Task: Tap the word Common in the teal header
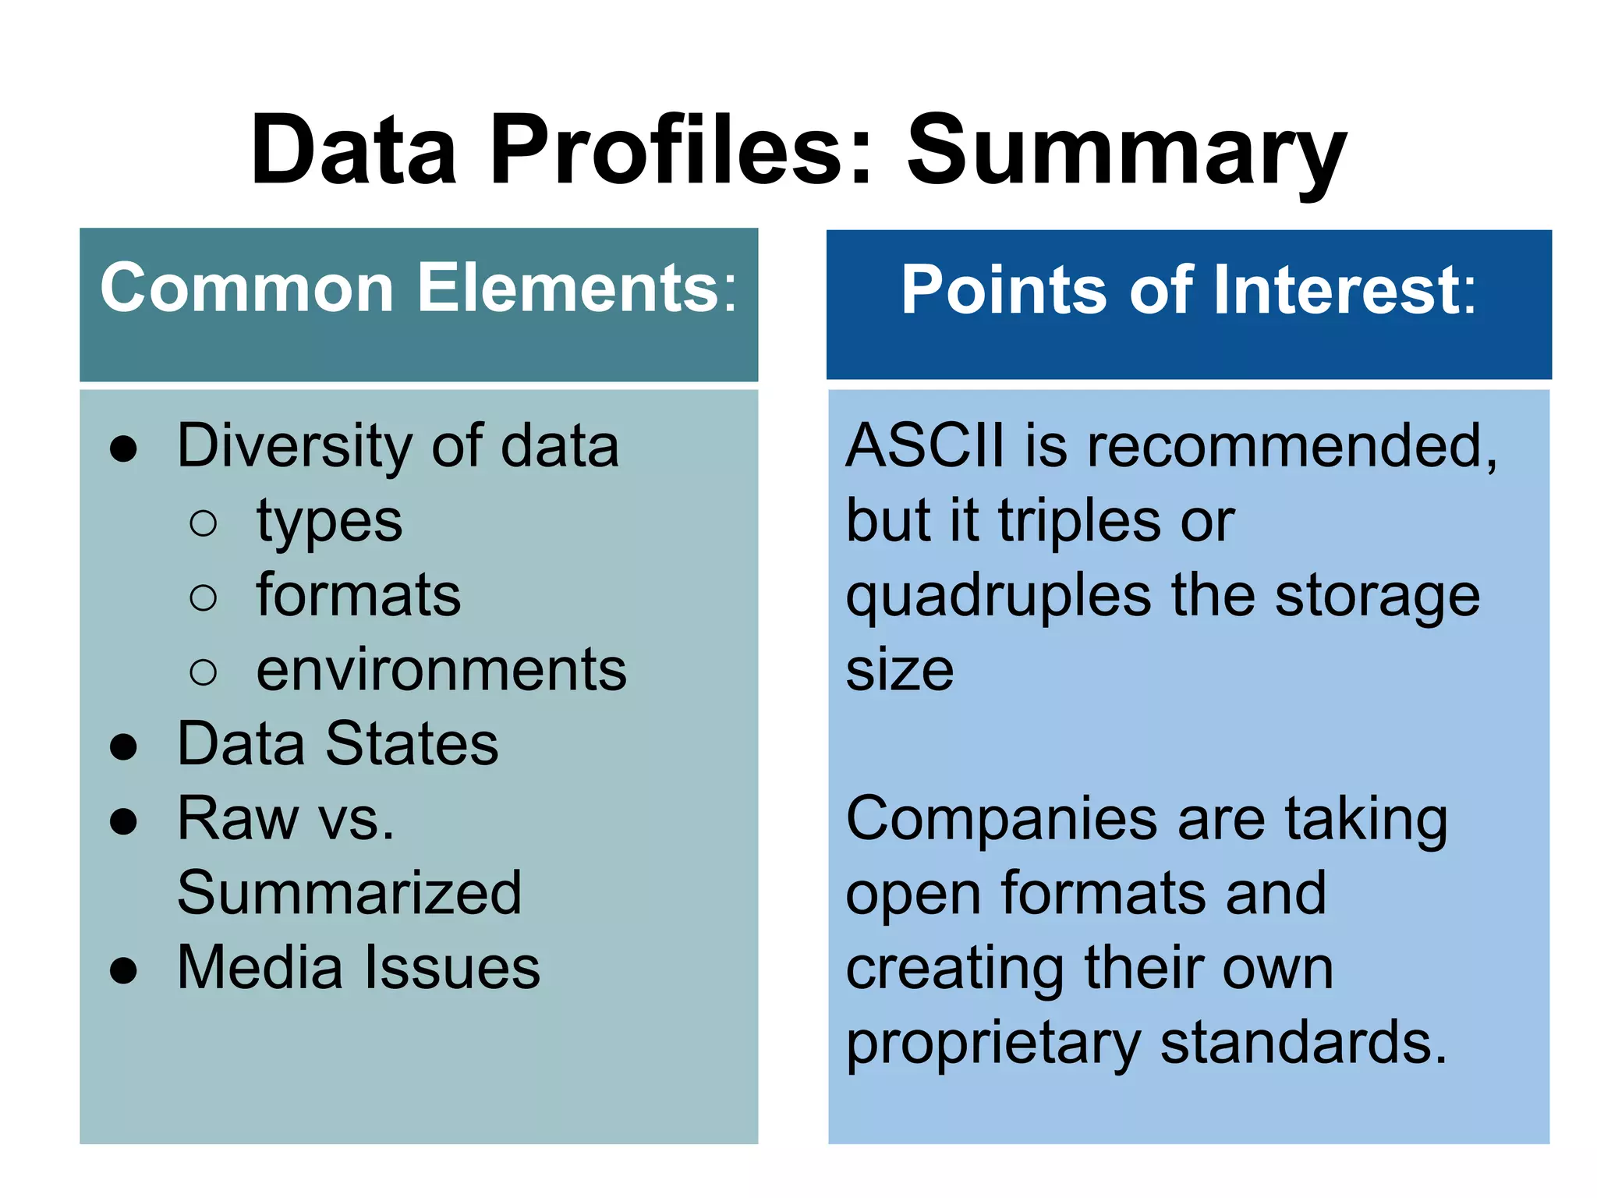246,288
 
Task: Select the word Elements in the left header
576,288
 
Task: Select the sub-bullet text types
329,521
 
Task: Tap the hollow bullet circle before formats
203,597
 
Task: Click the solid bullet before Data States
124,746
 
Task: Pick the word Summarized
349,893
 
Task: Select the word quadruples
998,596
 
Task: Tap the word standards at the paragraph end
1302,1042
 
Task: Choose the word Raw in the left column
237,819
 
